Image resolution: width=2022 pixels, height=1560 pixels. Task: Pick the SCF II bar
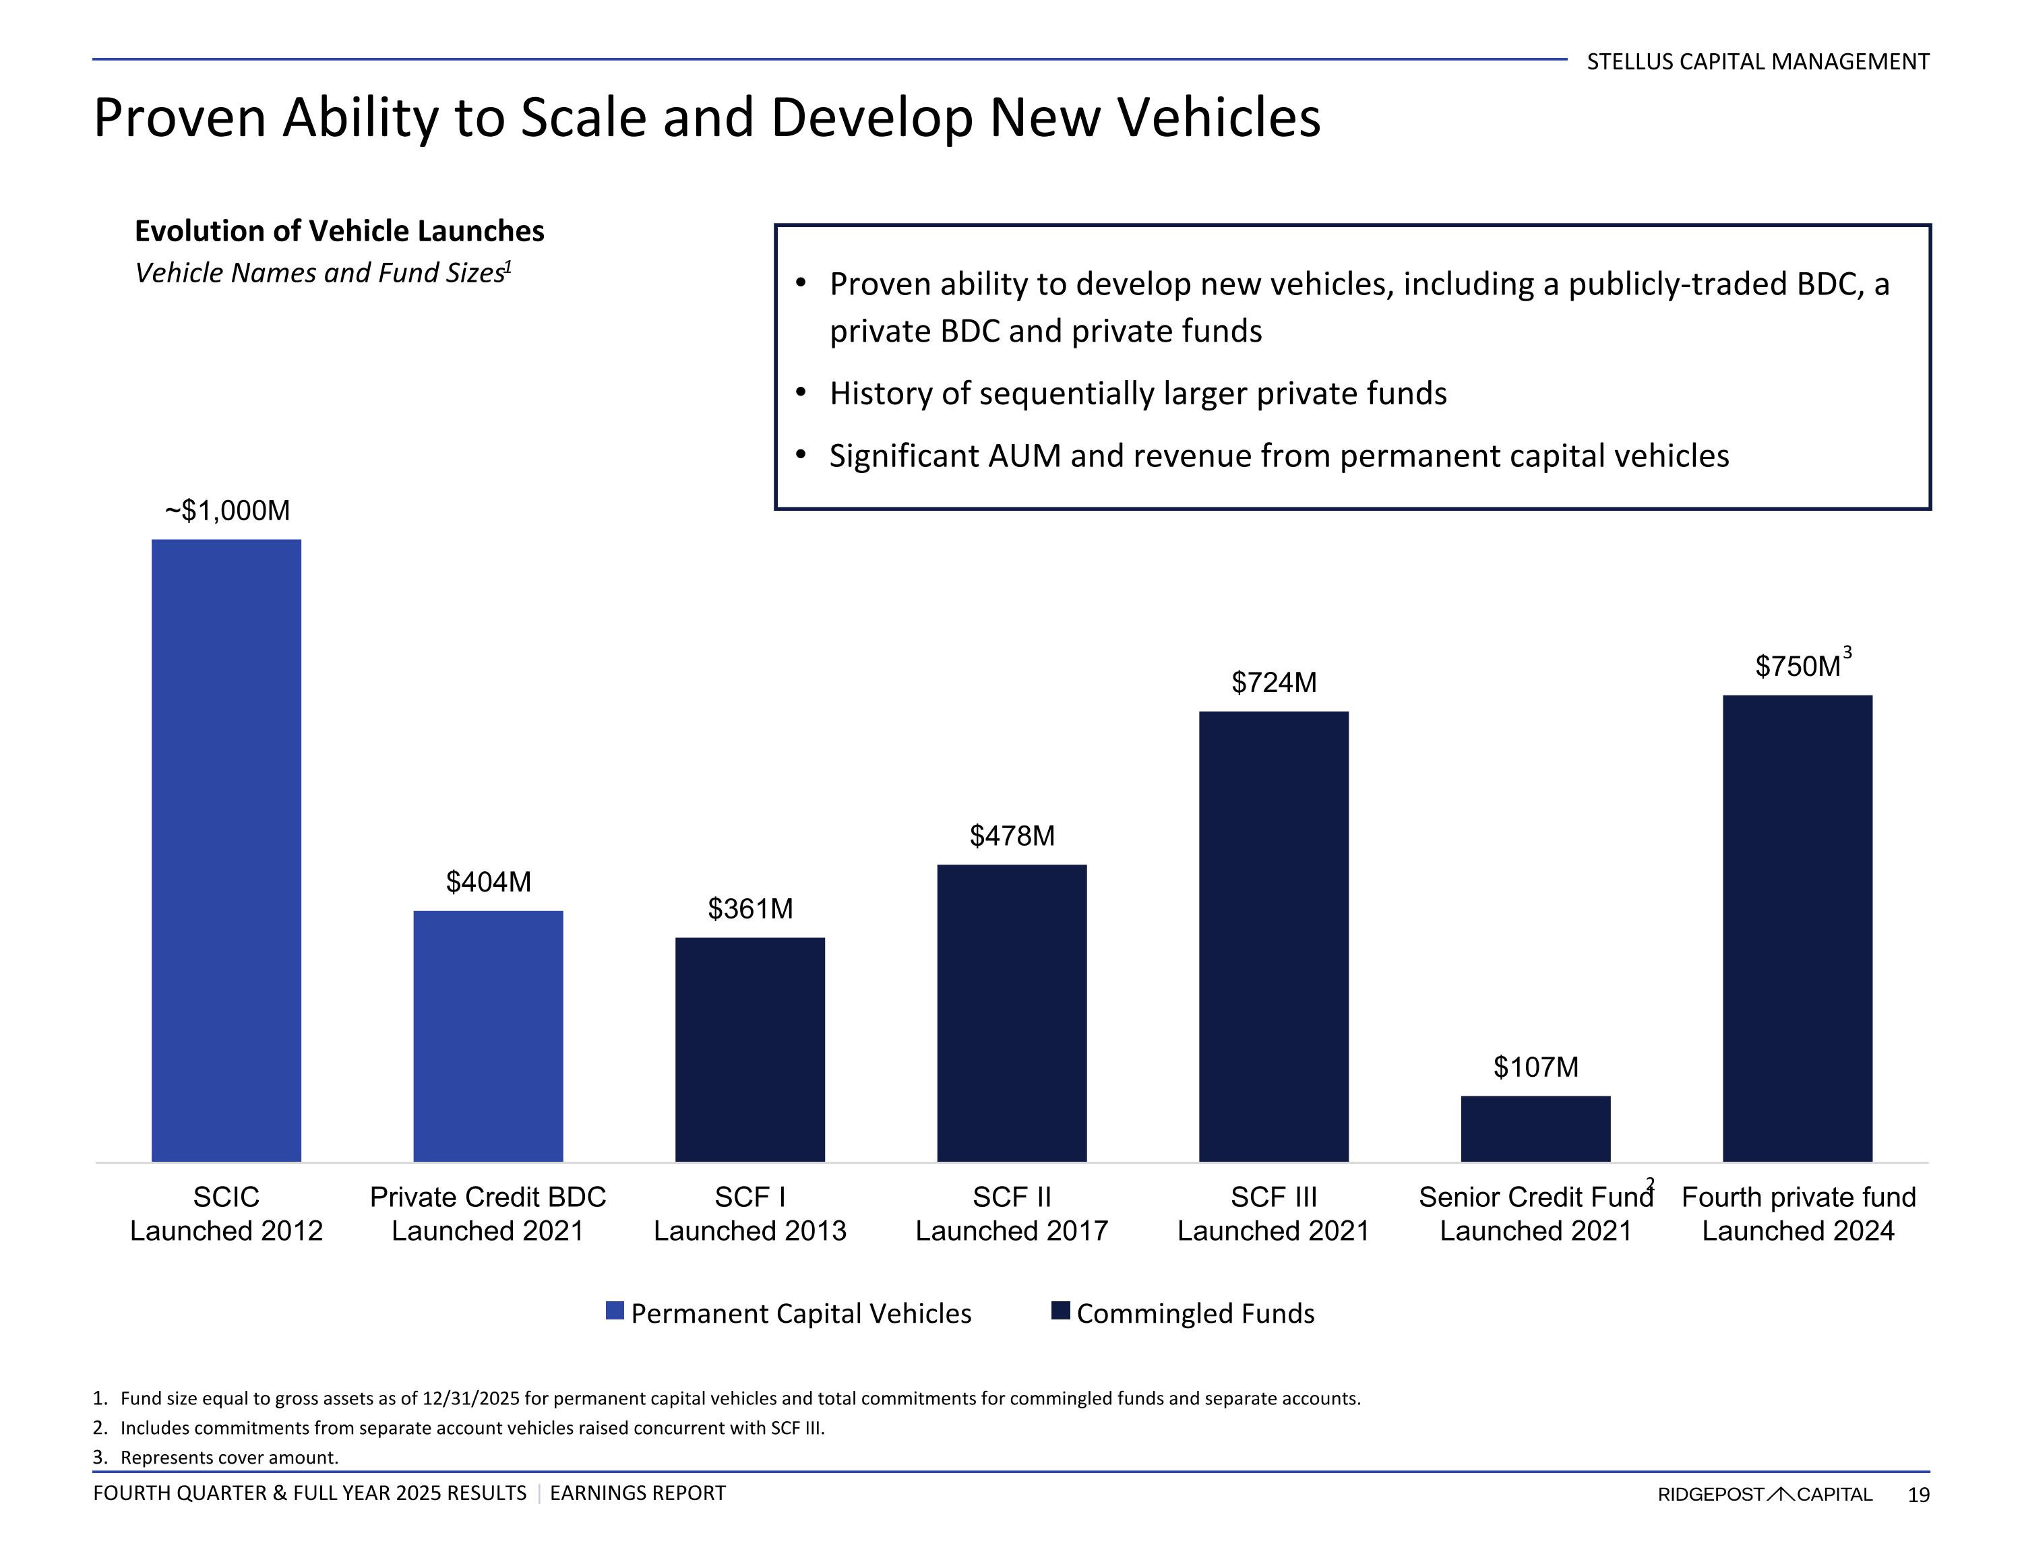(x=1012, y=1013)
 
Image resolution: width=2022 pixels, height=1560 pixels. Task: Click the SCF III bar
(x=1274, y=936)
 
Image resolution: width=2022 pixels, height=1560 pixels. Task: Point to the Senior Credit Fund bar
(x=1536, y=1129)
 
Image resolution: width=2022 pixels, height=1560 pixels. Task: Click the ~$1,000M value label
(x=228, y=511)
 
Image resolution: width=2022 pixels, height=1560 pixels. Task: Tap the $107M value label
(x=1536, y=1067)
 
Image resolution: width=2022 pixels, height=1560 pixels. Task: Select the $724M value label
(x=1274, y=683)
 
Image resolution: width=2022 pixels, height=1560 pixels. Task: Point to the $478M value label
(x=1012, y=836)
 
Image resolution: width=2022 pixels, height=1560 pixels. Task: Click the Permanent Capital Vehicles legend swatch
(x=615, y=1310)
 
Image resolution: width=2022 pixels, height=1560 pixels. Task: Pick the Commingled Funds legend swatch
(x=1061, y=1310)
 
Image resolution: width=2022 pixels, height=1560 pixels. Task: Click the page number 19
(x=1918, y=1494)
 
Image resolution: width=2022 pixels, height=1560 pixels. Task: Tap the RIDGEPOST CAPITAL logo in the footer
(x=1765, y=1494)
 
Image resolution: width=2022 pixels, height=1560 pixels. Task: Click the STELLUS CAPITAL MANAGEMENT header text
(x=1757, y=62)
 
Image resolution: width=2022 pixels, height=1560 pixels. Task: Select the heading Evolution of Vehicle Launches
(x=340, y=230)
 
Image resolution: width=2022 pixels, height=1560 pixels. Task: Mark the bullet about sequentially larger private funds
(x=1138, y=394)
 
